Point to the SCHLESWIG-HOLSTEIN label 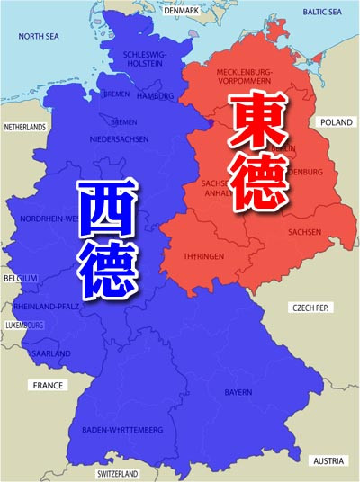(x=145, y=58)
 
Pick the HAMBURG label (x=156, y=95)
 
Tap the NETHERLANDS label (x=24, y=128)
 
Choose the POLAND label (x=337, y=121)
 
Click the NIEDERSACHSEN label (x=118, y=139)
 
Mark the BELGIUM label (x=19, y=278)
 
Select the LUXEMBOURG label (x=23, y=325)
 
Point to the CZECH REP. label (x=312, y=308)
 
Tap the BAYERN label (x=238, y=393)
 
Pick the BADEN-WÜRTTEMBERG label (x=121, y=429)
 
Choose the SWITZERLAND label (x=118, y=473)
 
